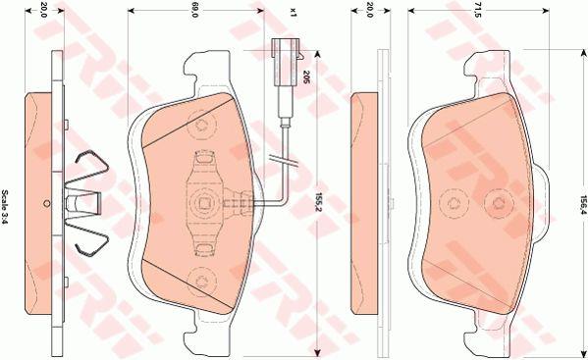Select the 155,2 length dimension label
click(x=319, y=202)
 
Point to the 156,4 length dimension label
click(x=583, y=204)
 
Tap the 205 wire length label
click(x=305, y=77)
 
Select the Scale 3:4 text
click(x=5, y=207)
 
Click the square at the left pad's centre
click(x=205, y=203)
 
